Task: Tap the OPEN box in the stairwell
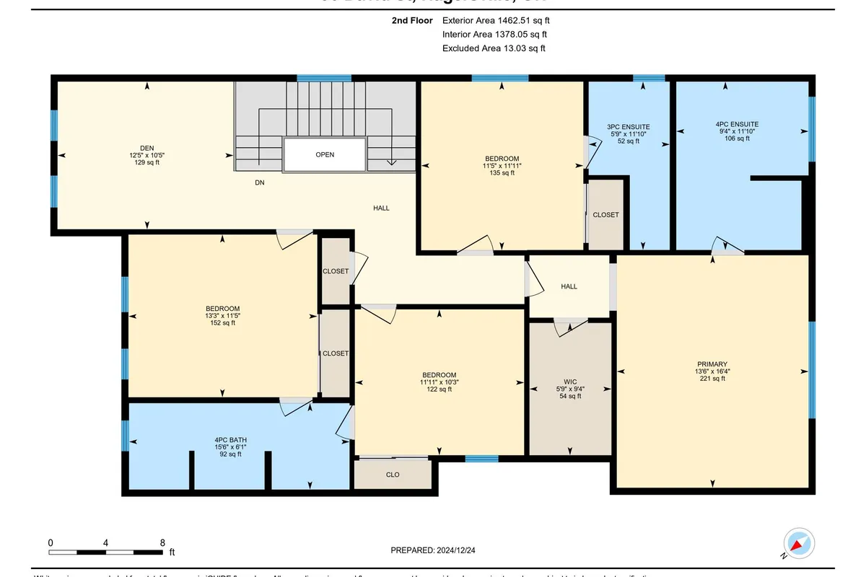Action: tap(325, 154)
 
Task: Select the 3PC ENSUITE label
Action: tap(629, 126)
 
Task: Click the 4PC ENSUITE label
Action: tap(742, 124)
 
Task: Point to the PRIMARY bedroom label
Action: tap(712, 364)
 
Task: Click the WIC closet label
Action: tap(570, 382)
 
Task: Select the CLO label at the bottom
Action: tap(393, 475)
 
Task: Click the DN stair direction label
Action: tap(260, 183)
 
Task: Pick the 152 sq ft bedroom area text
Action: tap(222, 323)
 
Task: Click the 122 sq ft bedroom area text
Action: tap(439, 389)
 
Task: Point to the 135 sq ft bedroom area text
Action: tap(502, 173)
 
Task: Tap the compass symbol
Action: tap(799, 543)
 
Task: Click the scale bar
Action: tap(106, 552)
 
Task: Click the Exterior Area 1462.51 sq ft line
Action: tap(501, 21)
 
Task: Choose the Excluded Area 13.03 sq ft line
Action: tap(494, 48)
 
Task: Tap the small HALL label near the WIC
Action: tap(569, 286)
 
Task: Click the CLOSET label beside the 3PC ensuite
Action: tap(605, 215)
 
